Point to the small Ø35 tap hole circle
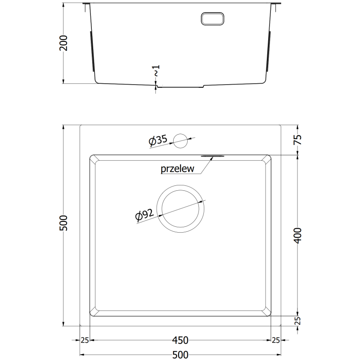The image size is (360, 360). [181, 140]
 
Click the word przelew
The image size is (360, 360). [177, 169]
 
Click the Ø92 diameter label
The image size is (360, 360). [144, 216]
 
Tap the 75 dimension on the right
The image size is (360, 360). [297, 140]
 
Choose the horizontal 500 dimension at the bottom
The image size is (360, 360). [180, 354]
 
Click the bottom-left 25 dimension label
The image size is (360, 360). [85, 340]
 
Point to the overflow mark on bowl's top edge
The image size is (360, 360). [212, 156]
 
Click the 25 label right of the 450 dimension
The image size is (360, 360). [275, 340]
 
